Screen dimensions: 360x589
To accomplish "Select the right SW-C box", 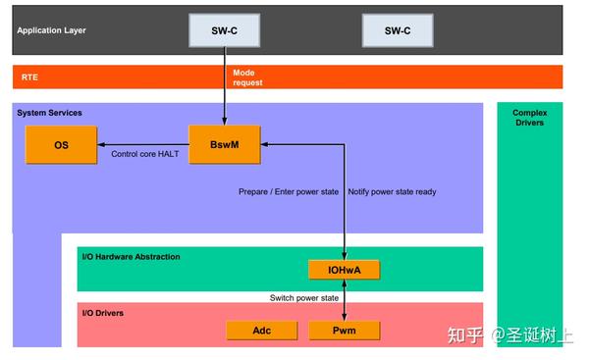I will (x=398, y=31).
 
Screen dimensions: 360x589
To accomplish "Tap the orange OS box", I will (x=61, y=145).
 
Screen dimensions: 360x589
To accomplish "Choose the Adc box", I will (x=262, y=331).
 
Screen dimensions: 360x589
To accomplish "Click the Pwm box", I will (x=344, y=331).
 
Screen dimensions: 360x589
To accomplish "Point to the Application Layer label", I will (x=51, y=30).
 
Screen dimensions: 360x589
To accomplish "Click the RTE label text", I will (x=29, y=77).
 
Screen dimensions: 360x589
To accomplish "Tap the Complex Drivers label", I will (x=529, y=118).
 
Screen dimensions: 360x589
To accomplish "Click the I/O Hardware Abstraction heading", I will (x=131, y=257).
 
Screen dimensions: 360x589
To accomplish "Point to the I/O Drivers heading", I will (x=108, y=313).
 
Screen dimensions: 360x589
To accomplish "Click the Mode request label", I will (x=248, y=77).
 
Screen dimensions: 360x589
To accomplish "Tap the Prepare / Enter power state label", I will (x=289, y=191).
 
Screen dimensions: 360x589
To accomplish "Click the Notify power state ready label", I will (x=392, y=191).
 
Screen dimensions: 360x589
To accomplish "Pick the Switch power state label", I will (x=303, y=297).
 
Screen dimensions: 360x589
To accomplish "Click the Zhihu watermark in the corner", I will (x=509, y=335).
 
